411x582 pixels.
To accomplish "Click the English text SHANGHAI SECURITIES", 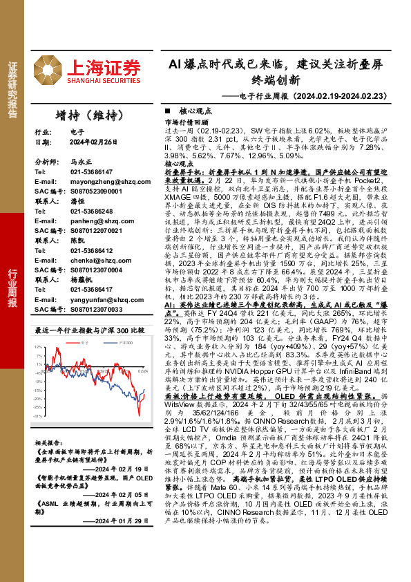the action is [102, 79].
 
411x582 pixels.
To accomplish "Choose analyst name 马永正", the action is [81, 161].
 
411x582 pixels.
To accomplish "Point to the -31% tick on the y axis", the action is [39, 417].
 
